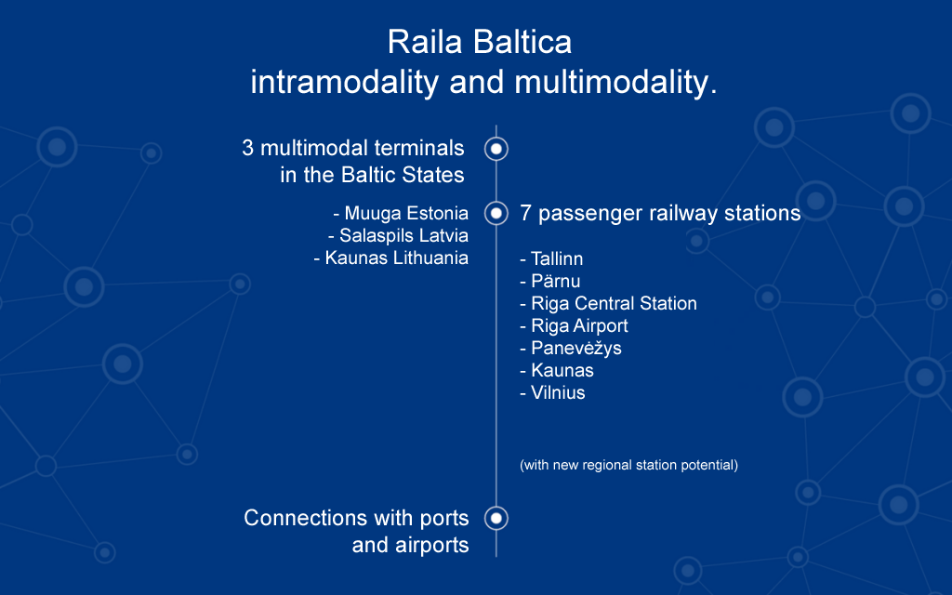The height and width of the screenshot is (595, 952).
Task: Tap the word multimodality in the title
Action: (x=612, y=83)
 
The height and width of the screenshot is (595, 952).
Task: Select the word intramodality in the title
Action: (x=344, y=83)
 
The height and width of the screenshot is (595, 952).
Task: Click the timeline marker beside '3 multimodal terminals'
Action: (x=496, y=149)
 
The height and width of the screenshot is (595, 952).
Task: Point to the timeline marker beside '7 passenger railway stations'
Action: (x=496, y=213)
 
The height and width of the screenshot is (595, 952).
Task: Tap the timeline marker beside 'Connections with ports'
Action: (x=496, y=518)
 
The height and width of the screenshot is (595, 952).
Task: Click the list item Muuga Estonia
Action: (x=401, y=214)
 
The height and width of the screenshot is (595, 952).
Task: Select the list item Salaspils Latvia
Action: (x=398, y=235)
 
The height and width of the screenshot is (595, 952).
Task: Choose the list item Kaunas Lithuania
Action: (x=391, y=258)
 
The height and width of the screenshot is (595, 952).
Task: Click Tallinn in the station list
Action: (x=551, y=259)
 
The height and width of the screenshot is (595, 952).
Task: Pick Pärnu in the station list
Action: (x=550, y=281)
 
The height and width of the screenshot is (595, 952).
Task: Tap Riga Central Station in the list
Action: (x=608, y=304)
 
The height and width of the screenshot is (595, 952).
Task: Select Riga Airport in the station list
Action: (x=574, y=326)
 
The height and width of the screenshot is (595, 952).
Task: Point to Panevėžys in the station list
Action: (x=571, y=349)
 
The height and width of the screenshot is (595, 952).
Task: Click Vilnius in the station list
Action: (x=552, y=393)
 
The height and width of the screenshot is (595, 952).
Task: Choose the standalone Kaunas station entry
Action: (x=557, y=370)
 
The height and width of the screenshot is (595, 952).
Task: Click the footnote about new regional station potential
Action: (x=629, y=465)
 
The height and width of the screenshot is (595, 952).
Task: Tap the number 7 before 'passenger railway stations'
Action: (x=526, y=213)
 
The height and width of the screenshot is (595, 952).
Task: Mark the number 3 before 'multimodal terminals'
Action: (x=247, y=148)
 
